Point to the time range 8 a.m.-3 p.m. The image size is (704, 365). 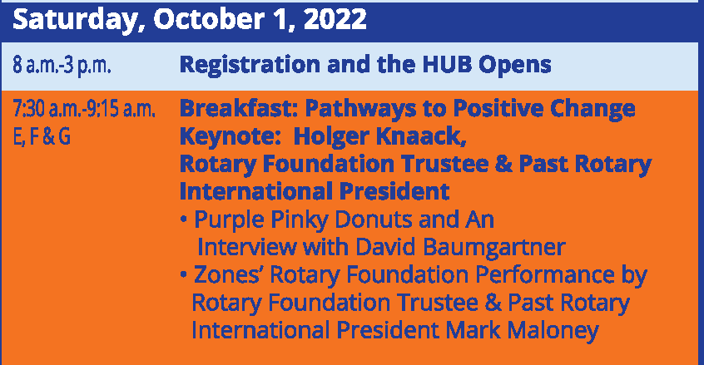pyautogui.click(x=62, y=66)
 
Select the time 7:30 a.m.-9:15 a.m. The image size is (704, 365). pyautogui.click(x=84, y=109)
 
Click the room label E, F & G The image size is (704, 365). pyautogui.click(x=42, y=136)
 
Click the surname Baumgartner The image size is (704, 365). pyautogui.click(x=493, y=248)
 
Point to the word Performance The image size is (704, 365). pyautogui.click(x=544, y=275)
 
